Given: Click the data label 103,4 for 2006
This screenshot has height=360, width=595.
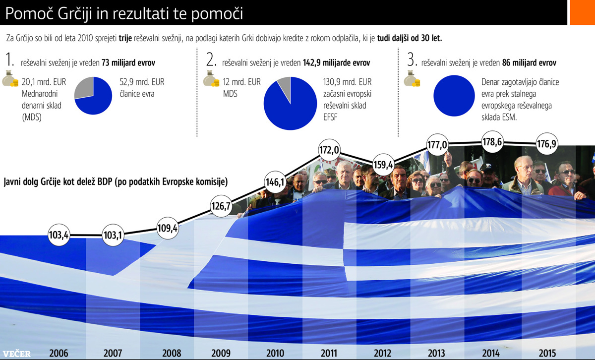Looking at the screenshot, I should pos(59,235).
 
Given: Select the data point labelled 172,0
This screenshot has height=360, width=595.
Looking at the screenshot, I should pos(329,149).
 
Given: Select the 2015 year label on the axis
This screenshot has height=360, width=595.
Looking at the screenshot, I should pos(548,354).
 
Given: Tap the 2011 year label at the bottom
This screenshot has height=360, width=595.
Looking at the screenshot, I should pos(329,354).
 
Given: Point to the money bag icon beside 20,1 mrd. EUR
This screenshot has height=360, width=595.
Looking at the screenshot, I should pos(10,81).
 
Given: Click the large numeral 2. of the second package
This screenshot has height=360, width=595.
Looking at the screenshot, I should pos(211,61).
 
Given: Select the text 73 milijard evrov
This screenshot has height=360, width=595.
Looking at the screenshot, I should pos(128,63).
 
